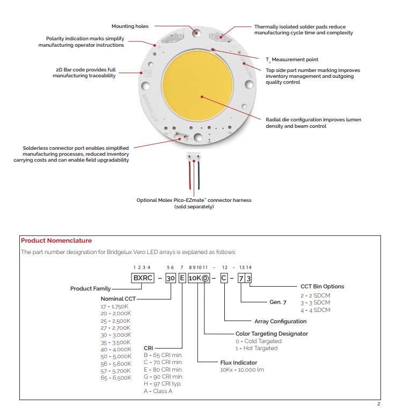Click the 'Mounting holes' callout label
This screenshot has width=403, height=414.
(130, 26)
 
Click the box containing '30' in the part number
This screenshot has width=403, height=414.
(170, 278)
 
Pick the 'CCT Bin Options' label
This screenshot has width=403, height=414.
(322, 286)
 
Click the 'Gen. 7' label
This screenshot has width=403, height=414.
(277, 302)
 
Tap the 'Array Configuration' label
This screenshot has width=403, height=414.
(280, 321)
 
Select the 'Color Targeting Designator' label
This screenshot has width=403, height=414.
(272, 333)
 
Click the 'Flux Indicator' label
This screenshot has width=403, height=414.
(239, 362)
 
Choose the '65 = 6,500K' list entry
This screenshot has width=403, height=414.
(116, 377)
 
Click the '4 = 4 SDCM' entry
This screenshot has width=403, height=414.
(315, 310)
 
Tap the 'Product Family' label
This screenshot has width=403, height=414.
(90, 288)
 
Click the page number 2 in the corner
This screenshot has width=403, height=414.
(378, 404)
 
